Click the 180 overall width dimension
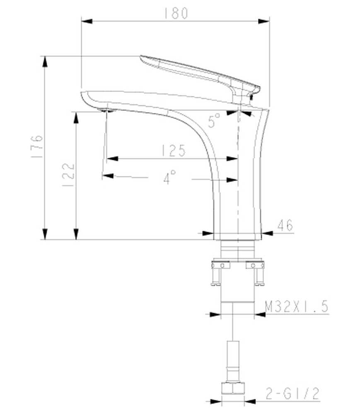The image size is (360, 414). click(176, 13)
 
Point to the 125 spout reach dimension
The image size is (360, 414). click(174, 151)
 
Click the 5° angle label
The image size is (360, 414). click(214, 121)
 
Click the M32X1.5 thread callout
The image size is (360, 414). click(296, 307)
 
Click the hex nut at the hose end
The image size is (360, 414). click(234, 388)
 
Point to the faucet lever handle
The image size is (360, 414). click(199, 72)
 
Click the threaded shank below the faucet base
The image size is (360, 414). click(237, 250)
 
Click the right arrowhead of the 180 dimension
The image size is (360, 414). click(265, 21)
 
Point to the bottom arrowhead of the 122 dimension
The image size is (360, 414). click(76, 235)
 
